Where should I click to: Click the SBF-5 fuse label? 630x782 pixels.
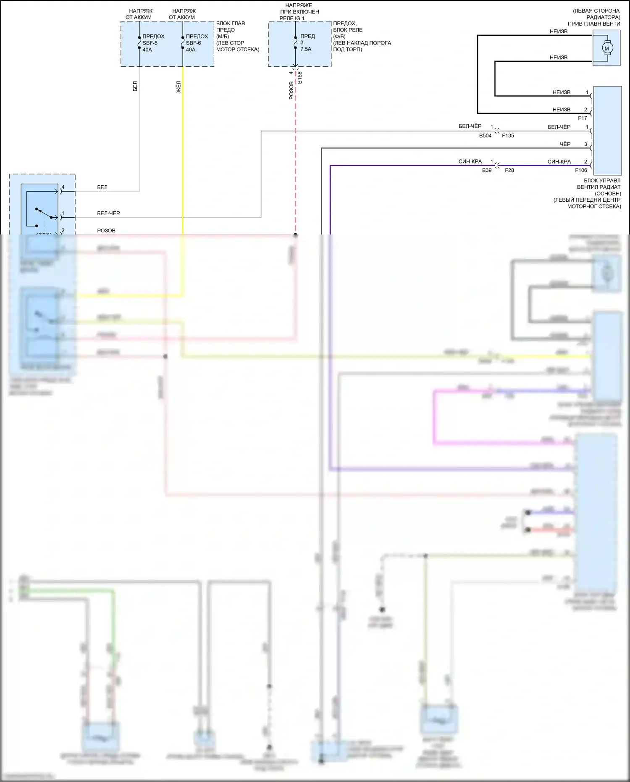[x=150, y=43]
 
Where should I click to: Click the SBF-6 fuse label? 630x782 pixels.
[x=193, y=43]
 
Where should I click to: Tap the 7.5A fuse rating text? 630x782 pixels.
[x=306, y=49]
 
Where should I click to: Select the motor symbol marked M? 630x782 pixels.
[x=606, y=48]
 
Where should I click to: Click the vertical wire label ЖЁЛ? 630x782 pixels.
[x=178, y=87]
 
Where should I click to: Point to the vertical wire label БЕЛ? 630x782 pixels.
[x=135, y=87]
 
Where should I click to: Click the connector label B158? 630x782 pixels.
[x=300, y=78]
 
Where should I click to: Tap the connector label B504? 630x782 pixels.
[x=485, y=136]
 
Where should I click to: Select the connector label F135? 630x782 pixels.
[x=508, y=136]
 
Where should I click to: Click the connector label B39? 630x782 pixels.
[x=486, y=170]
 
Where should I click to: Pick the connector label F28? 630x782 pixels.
[x=509, y=170]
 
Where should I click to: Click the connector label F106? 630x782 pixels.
[x=581, y=170]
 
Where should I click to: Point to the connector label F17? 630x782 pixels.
[x=582, y=118]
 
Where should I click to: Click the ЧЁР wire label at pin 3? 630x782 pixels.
[x=565, y=144]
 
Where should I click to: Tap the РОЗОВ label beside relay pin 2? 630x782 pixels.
[x=106, y=231]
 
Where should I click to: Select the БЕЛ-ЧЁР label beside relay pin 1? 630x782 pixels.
[x=108, y=213]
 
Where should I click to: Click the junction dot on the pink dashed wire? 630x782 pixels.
[x=296, y=235]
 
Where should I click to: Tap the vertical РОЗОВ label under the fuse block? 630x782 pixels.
[x=291, y=90]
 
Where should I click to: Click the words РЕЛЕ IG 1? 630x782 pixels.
[x=292, y=18]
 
